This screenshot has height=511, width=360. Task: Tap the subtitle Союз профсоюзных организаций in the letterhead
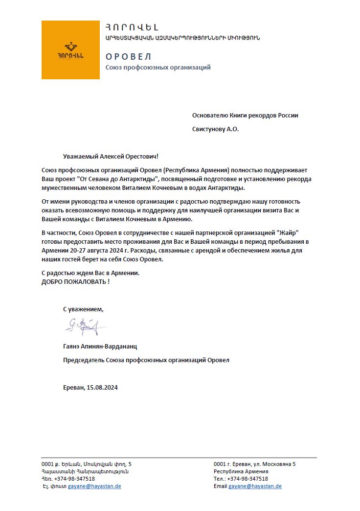(x=158, y=67)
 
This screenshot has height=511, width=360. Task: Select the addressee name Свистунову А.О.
(x=216, y=129)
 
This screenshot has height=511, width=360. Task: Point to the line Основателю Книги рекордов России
(x=245, y=116)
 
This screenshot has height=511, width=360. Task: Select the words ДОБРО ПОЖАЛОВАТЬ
(x=73, y=282)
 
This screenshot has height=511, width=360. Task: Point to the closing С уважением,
(x=83, y=309)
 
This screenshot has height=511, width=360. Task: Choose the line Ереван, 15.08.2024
(x=90, y=388)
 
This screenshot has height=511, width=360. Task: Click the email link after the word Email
(x=255, y=486)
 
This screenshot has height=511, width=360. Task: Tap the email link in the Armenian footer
(x=94, y=486)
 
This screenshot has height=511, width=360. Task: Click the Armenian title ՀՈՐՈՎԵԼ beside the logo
(x=132, y=27)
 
